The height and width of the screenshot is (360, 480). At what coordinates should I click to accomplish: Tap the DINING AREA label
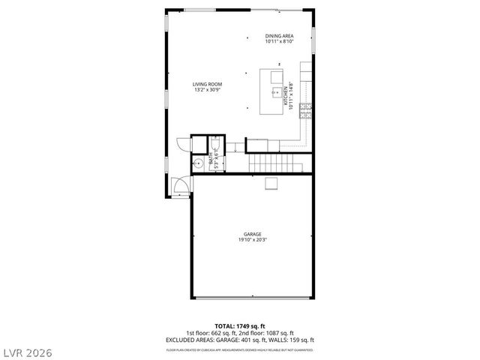coord(279,36)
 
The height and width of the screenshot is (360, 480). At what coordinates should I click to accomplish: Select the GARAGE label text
coord(252,234)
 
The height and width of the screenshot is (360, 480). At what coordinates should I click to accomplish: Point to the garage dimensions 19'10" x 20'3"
coord(252,240)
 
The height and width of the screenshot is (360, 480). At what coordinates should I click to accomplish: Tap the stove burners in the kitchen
coord(306,111)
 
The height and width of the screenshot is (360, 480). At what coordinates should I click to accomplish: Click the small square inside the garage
coord(271,184)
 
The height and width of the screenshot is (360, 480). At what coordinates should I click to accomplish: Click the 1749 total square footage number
coord(247,326)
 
